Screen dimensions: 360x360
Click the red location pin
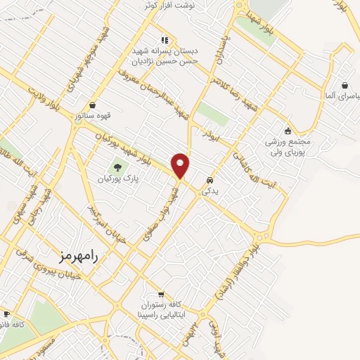point(181,165)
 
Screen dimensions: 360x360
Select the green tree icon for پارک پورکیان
point(117,167)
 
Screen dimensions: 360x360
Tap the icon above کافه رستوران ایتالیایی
point(162,295)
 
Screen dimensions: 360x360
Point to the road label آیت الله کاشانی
point(258,167)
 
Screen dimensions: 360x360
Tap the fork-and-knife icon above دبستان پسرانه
point(165,40)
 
